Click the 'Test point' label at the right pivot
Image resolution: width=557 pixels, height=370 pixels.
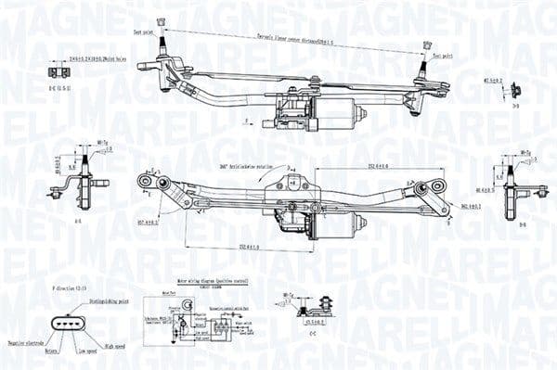(441, 55)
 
